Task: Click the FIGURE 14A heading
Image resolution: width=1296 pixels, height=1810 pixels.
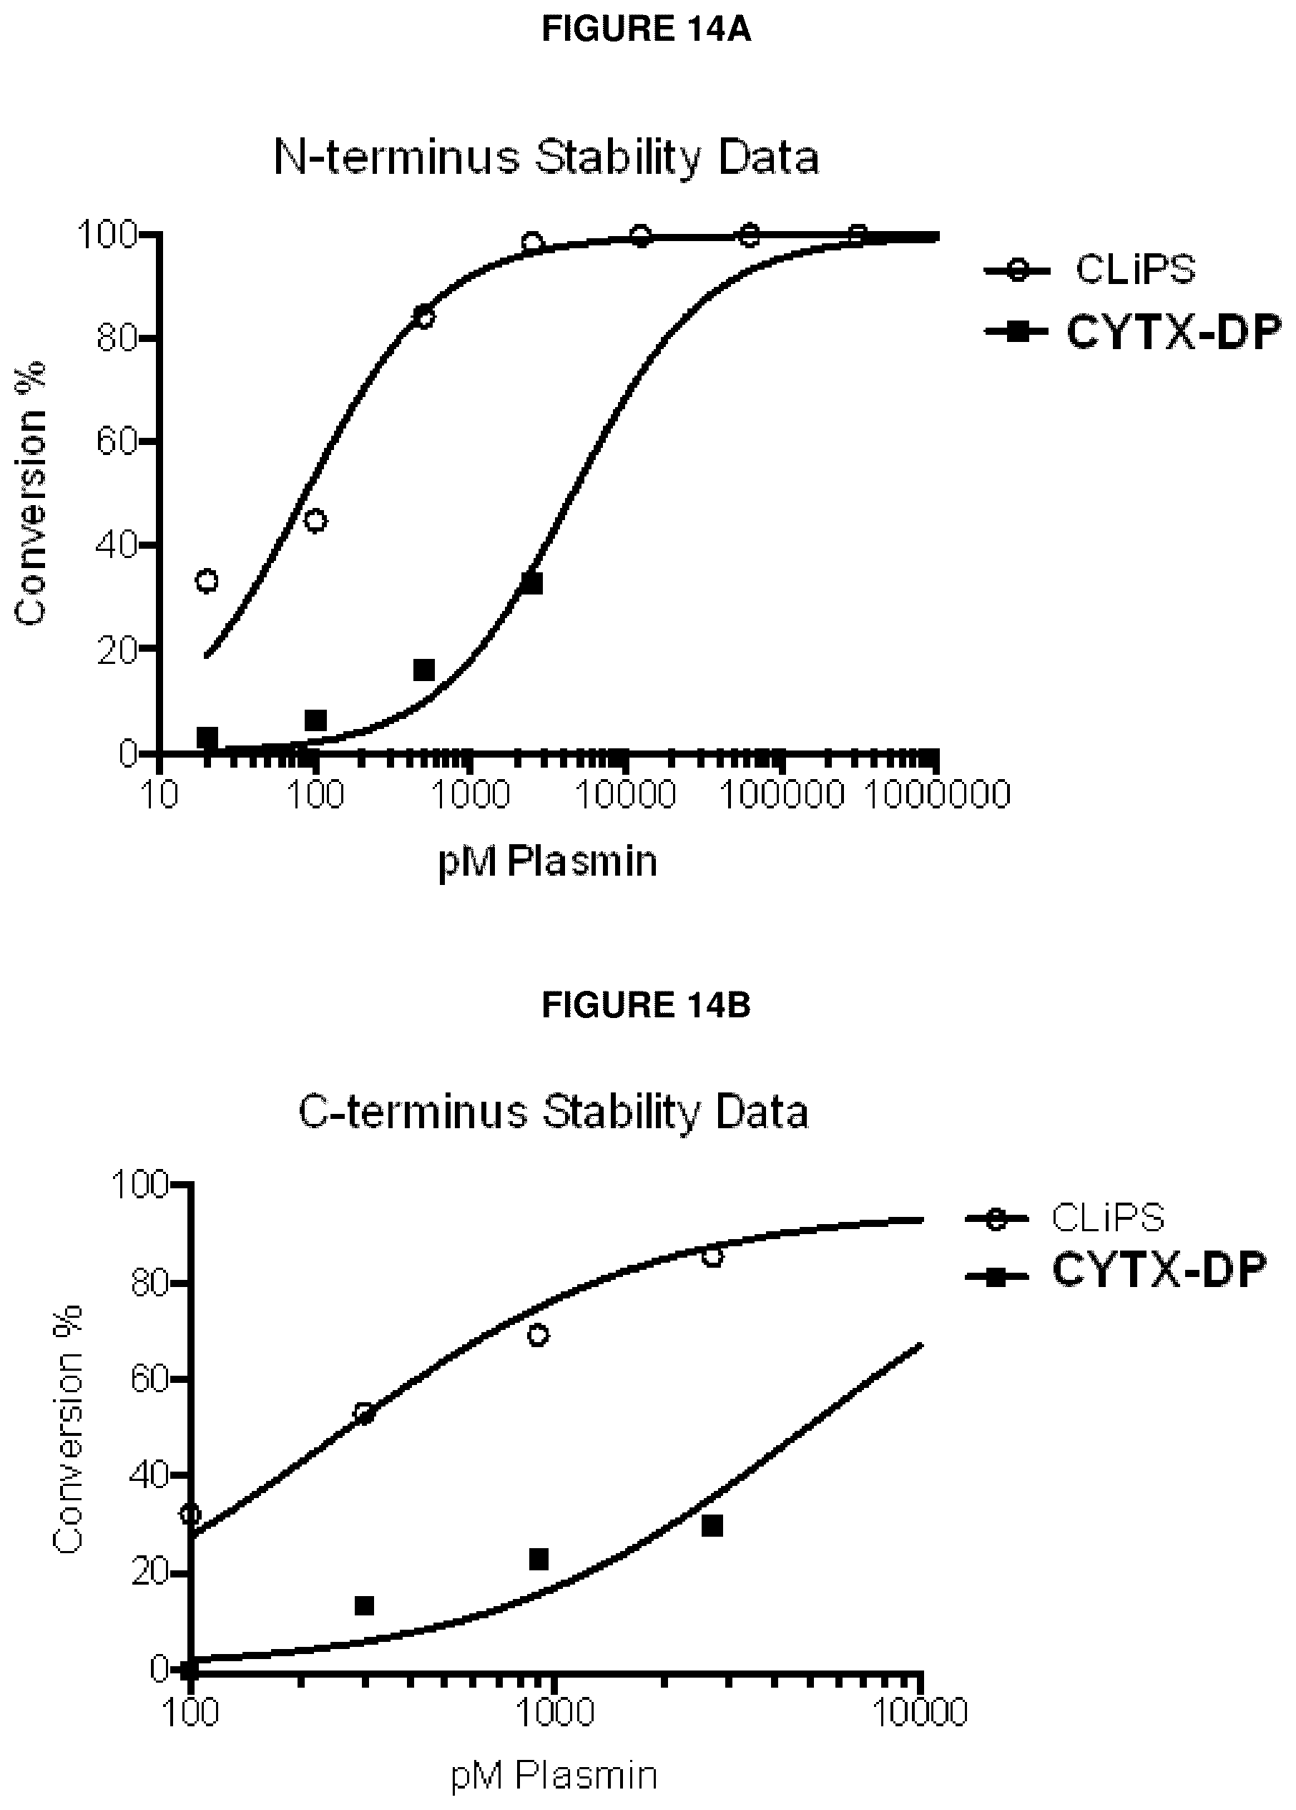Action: tap(646, 29)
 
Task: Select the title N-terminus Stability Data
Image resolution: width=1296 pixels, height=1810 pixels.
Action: tap(546, 159)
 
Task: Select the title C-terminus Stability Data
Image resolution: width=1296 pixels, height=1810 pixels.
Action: tap(553, 1112)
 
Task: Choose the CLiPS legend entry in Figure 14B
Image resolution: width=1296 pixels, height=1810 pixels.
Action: tap(1066, 1218)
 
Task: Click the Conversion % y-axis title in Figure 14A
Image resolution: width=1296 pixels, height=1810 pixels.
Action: tap(31, 493)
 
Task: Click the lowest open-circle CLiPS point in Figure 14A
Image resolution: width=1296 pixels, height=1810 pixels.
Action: tap(207, 580)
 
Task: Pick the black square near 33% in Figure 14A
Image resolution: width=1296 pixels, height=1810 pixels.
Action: tap(531, 583)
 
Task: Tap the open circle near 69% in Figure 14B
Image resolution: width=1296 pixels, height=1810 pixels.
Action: tap(539, 1335)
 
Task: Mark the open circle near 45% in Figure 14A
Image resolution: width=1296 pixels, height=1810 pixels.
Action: tap(316, 521)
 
